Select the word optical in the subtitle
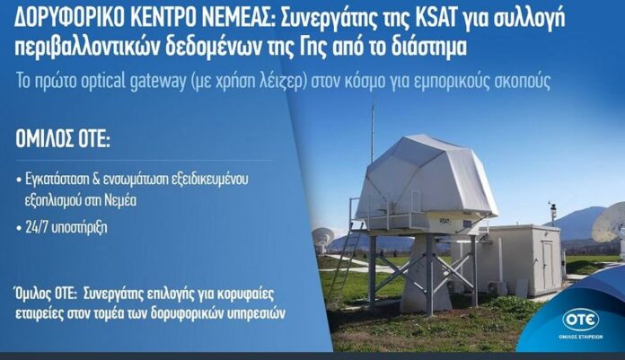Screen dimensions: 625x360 click(x=103, y=82)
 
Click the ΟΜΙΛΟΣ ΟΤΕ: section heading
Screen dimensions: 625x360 click(x=63, y=140)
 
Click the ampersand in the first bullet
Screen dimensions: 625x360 click(x=96, y=179)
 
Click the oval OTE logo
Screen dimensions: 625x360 click(x=580, y=320)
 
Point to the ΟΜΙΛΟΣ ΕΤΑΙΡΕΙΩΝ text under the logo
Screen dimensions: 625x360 click(x=580, y=337)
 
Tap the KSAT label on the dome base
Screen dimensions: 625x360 click(x=445, y=220)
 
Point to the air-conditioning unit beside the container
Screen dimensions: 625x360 click(x=497, y=288)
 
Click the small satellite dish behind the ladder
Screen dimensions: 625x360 click(x=322, y=239)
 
